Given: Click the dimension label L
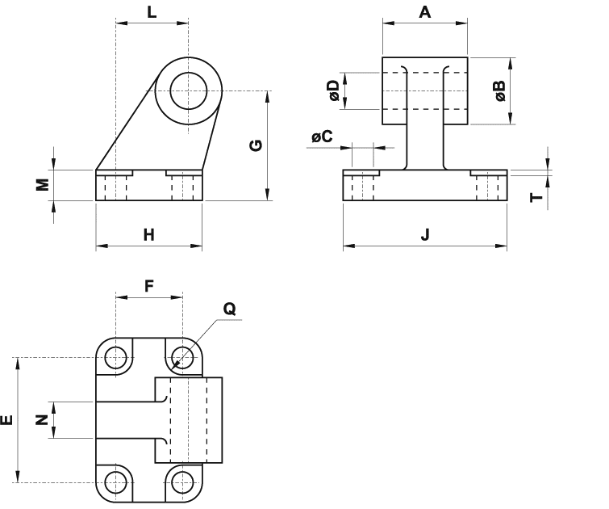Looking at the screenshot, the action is pos(152,12).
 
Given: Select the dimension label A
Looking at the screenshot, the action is pos(425,12).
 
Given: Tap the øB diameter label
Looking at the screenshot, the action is pos(500,90).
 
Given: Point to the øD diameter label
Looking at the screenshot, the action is pos(334,90).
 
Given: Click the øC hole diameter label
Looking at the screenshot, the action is pos(323,137).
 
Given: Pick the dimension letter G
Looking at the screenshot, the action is pos(256,145).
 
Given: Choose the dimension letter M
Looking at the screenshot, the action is pos(43,184).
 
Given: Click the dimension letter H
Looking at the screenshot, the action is pos(148,235).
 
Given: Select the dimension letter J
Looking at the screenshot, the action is pos(425,234).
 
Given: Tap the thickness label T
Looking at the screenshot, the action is pos(536,197).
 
